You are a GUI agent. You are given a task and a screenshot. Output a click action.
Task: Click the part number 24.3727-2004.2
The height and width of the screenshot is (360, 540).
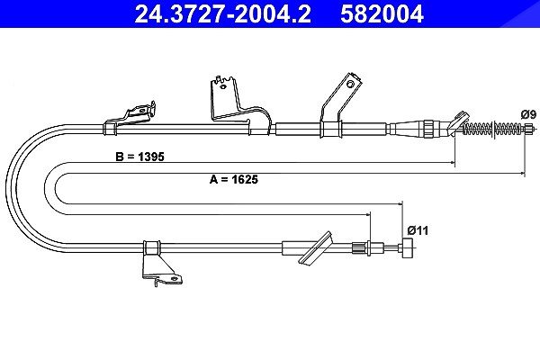tap(222, 14)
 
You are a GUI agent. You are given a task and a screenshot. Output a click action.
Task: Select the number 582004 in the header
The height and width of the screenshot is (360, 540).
tap(382, 14)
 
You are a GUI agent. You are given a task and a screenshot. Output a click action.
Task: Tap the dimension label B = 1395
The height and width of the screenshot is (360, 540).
tap(139, 157)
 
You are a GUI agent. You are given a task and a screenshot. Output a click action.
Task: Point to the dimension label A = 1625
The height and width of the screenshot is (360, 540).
tap(234, 179)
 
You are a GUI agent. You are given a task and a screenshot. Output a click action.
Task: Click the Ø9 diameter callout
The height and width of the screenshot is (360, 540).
tap(528, 114)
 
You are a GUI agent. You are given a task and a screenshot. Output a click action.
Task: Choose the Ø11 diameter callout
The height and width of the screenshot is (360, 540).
tap(418, 230)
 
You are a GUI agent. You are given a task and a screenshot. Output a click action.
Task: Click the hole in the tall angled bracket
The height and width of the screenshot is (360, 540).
tap(350, 84)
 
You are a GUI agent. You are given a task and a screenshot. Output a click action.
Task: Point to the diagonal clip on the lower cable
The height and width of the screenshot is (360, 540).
tap(316, 247)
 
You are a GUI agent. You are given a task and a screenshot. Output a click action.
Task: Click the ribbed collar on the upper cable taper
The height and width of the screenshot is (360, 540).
tap(428, 129)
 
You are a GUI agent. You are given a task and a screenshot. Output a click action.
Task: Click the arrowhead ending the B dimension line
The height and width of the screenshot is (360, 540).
tap(453, 162)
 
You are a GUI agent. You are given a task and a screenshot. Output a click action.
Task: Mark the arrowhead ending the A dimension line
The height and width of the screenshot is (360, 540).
tap(522, 173)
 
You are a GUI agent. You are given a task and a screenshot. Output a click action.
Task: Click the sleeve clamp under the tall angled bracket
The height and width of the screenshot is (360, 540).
tap(331, 130)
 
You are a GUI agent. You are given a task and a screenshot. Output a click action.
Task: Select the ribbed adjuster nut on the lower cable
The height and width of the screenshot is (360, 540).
tap(357, 248)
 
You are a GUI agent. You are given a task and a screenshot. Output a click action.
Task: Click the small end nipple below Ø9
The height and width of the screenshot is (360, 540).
tap(528, 130)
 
